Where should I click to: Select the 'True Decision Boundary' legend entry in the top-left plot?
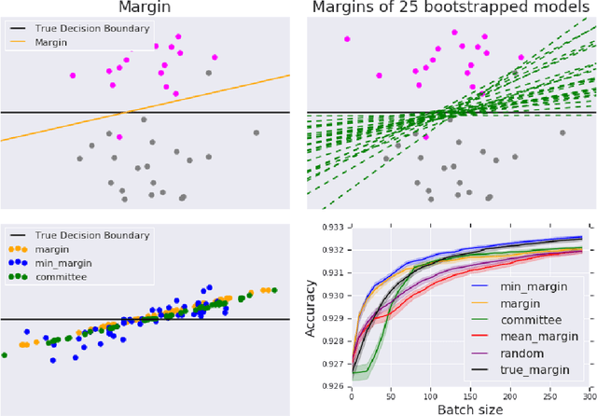91,28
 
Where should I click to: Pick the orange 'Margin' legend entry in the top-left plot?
51,42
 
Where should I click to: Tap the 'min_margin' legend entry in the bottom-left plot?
61,264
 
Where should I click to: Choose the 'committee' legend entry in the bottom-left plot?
61,277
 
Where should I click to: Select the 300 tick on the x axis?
589,396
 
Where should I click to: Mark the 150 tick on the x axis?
469,396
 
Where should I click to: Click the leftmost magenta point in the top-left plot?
74,76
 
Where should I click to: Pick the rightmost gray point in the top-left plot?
257,132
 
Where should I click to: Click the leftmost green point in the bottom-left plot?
5,354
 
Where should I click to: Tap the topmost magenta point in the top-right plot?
347,39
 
